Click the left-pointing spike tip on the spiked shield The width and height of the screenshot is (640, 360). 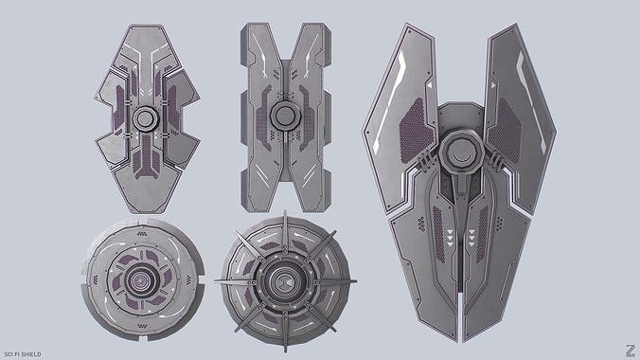coord(216,281)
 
